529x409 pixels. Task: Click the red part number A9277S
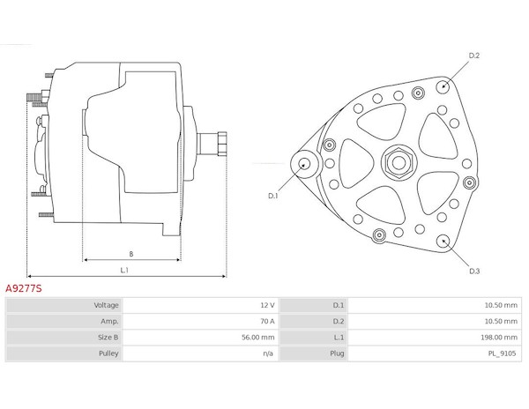tap(24, 288)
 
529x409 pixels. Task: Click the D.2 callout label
tap(474, 56)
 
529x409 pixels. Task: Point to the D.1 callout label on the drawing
tap(272, 196)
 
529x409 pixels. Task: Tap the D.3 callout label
tap(474, 271)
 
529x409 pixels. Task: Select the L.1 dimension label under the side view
tap(124, 270)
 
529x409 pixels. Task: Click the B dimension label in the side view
tap(131, 254)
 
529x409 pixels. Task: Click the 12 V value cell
tap(267, 305)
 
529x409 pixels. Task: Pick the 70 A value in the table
tap(267, 321)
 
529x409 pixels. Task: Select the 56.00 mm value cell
tap(258, 338)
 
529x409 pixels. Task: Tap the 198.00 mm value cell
tap(499, 338)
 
